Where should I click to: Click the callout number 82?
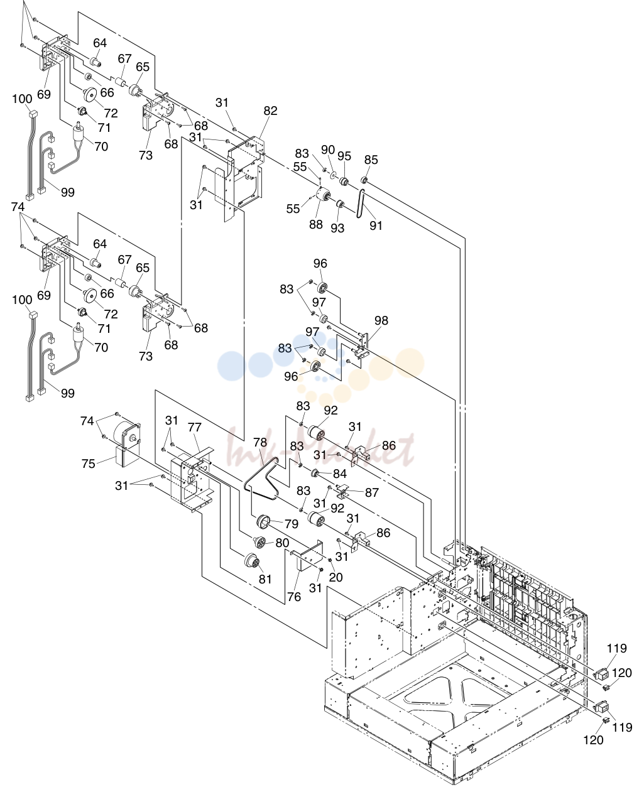coord(270,111)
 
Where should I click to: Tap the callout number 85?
coord(371,160)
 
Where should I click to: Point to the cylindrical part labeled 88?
coord(322,196)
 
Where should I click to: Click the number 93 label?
coord(337,228)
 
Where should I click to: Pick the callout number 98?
coord(381,320)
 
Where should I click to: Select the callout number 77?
coord(195,427)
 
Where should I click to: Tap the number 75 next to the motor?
coord(89,464)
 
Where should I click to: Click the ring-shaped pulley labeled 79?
coord(264,521)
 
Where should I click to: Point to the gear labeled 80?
coord(259,542)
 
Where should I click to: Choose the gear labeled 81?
coord(253,561)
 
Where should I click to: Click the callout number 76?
coord(294,597)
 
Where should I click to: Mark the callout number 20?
coord(336,577)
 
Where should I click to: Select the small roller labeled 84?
coord(315,472)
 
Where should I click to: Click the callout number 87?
coord(371,492)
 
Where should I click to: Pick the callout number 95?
coord(344,156)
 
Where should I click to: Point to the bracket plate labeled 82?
coord(245,172)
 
